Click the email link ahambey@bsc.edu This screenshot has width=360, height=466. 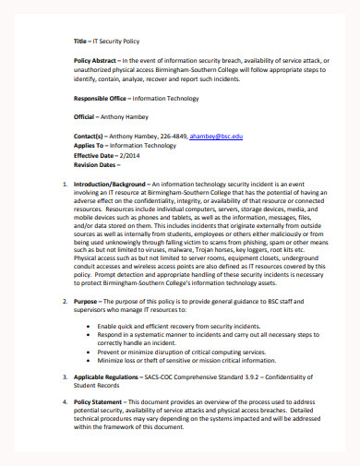[x=218, y=136]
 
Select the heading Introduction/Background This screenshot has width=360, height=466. [x=107, y=184]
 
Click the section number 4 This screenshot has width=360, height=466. [x=63, y=428]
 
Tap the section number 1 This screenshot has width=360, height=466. [x=63, y=184]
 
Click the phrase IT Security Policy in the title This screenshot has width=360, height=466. [x=121, y=42]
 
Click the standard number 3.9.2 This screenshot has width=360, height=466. [x=252, y=402]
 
